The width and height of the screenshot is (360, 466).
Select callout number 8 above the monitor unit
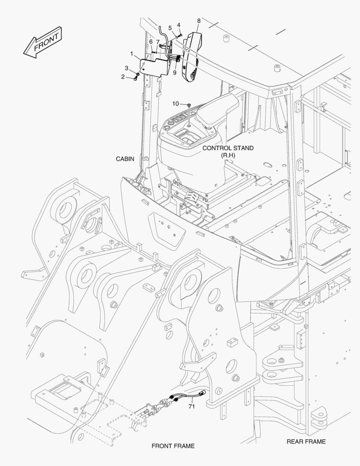[199, 21]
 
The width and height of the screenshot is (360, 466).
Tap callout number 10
[175, 104]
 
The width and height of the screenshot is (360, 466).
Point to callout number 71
[192, 406]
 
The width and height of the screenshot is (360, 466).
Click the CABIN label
[125, 159]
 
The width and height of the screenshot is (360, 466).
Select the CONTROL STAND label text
[228, 148]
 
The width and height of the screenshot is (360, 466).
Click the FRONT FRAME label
[173, 446]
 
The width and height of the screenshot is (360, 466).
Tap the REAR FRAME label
[306, 441]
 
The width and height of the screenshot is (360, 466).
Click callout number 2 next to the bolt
[123, 77]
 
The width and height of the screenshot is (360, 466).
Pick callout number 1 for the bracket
[131, 53]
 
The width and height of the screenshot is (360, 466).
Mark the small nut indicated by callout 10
[189, 105]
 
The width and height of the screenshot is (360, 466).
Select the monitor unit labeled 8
[191, 56]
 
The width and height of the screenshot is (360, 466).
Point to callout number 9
[175, 72]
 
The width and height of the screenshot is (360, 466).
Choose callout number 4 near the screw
[178, 25]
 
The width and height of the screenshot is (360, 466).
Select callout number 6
[151, 41]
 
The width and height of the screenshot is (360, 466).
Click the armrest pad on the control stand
[219, 108]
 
